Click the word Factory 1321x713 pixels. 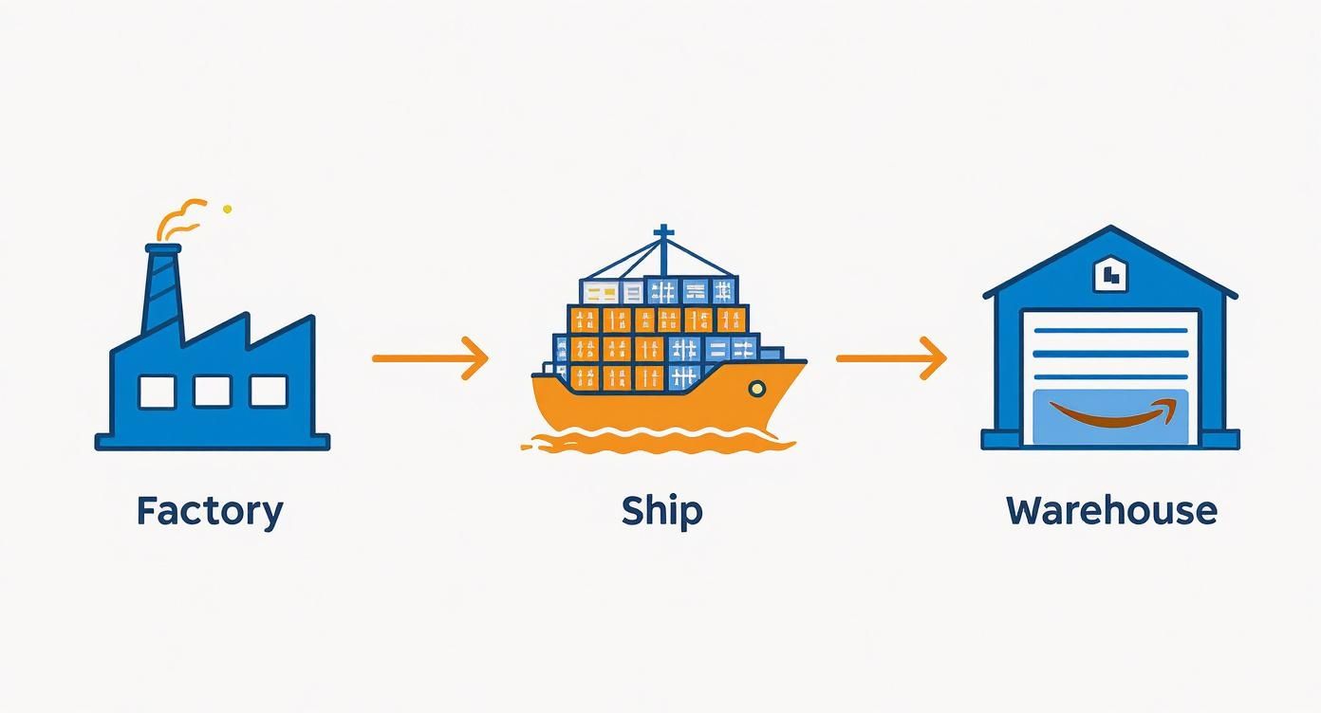coord(210,511)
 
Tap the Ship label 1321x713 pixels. coord(661,511)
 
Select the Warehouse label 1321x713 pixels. coord(1111,511)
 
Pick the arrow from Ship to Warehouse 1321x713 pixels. coord(891,358)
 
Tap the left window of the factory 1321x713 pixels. coord(158,391)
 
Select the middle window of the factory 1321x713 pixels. coord(213,391)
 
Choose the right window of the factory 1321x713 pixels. coord(269,391)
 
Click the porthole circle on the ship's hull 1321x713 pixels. coord(756,388)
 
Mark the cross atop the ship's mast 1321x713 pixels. coord(663,233)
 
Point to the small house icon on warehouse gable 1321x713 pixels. coord(1109,275)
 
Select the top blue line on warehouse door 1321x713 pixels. coord(1109,331)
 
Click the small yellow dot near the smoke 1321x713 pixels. coord(227,209)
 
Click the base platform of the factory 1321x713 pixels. coord(213,441)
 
